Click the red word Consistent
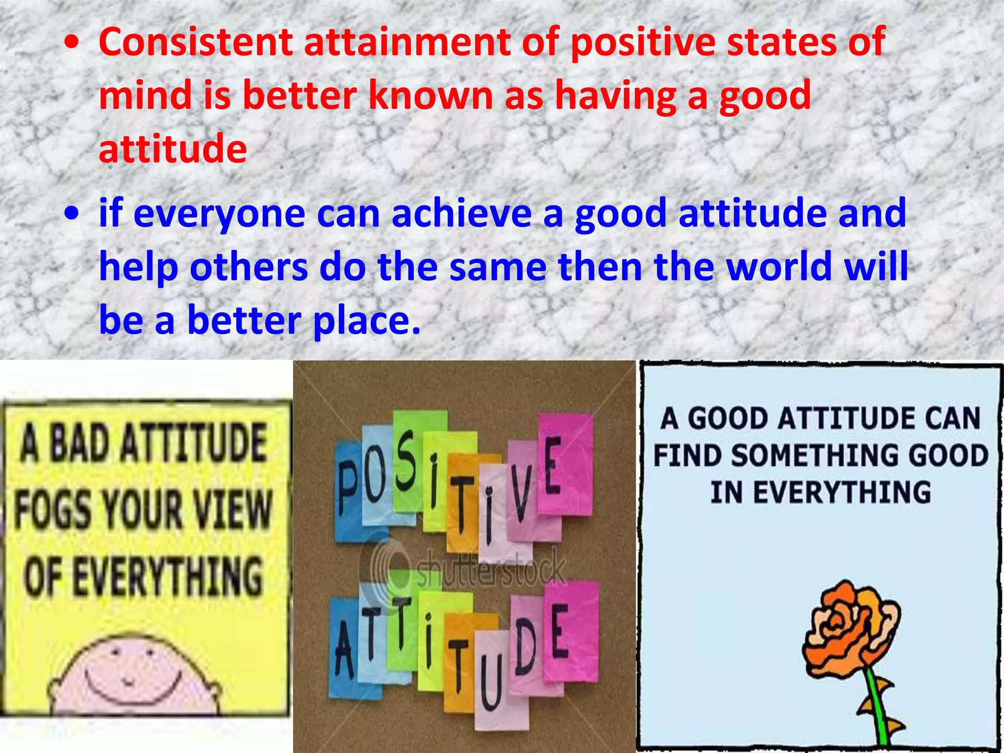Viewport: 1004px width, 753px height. (x=196, y=42)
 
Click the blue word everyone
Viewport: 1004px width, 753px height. (x=220, y=214)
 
